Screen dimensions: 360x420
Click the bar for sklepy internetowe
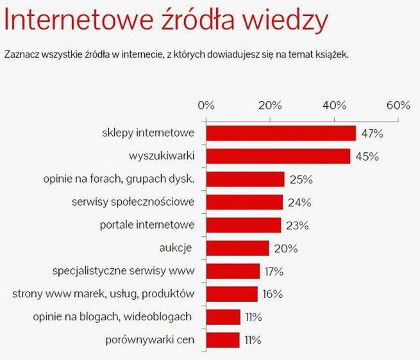281,133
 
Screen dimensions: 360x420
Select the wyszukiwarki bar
278,156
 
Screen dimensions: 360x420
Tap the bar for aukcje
237,248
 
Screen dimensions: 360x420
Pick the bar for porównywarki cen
223,340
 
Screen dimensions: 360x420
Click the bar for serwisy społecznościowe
244,202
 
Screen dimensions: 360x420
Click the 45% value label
366,156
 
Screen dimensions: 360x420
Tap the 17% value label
274,271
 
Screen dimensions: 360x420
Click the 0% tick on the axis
206,105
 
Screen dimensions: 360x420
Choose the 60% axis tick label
398,105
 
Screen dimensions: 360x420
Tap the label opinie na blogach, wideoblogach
112,316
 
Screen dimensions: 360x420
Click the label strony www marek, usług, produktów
103,294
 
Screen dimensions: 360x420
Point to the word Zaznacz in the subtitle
22,56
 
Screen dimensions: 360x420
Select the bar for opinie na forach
245,179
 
